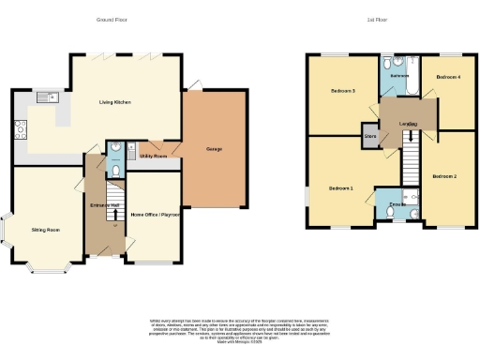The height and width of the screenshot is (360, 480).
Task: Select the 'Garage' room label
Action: click(x=215, y=149)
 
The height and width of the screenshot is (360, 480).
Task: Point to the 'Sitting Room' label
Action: click(x=46, y=228)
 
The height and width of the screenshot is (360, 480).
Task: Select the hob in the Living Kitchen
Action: click(x=20, y=130)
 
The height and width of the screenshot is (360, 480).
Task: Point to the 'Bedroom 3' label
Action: click(x=341, y=91)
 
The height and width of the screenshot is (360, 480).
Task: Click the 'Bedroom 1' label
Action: click(x=340, y=188)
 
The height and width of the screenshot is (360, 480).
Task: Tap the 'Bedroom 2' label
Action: click(x=443, y=175)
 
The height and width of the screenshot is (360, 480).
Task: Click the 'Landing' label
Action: click(x=407, y=124)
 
